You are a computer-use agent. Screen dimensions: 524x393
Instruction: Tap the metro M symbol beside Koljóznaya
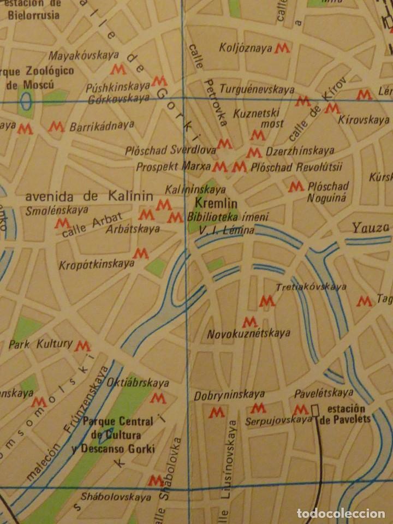[x=282, y=48]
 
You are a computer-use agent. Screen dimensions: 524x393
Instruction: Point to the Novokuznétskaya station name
[x=248, y=333]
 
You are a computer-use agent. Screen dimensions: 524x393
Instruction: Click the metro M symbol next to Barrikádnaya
[x=56, y=127]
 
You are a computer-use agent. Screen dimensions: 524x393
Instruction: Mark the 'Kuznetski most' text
[x=257, y=118]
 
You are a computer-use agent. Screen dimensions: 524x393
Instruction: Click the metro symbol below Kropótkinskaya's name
[x=141, y=253]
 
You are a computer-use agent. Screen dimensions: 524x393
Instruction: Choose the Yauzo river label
[x=370, y=227]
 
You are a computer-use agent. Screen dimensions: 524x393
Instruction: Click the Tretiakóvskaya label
[x=311, y=287]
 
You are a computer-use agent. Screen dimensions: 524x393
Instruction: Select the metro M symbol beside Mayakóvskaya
[x=118, y=69]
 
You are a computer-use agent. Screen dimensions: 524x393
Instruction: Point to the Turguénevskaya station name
[x=257, y=89]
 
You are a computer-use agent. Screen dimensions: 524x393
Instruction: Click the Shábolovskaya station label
[x=115, y=497]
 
